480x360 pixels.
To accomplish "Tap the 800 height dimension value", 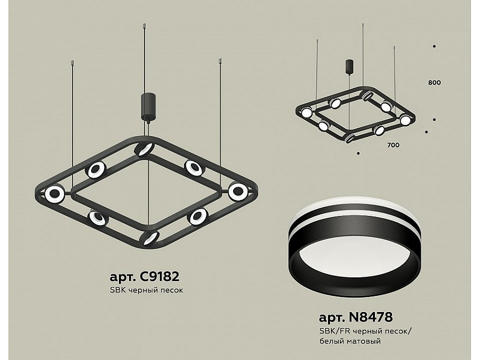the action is (435, 83).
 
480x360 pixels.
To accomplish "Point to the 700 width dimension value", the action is (394, 145).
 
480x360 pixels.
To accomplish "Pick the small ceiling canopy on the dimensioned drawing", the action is (349, 67).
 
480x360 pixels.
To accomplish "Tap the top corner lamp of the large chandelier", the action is (144, 149).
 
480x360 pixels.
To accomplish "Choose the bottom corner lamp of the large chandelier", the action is (149, 237).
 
